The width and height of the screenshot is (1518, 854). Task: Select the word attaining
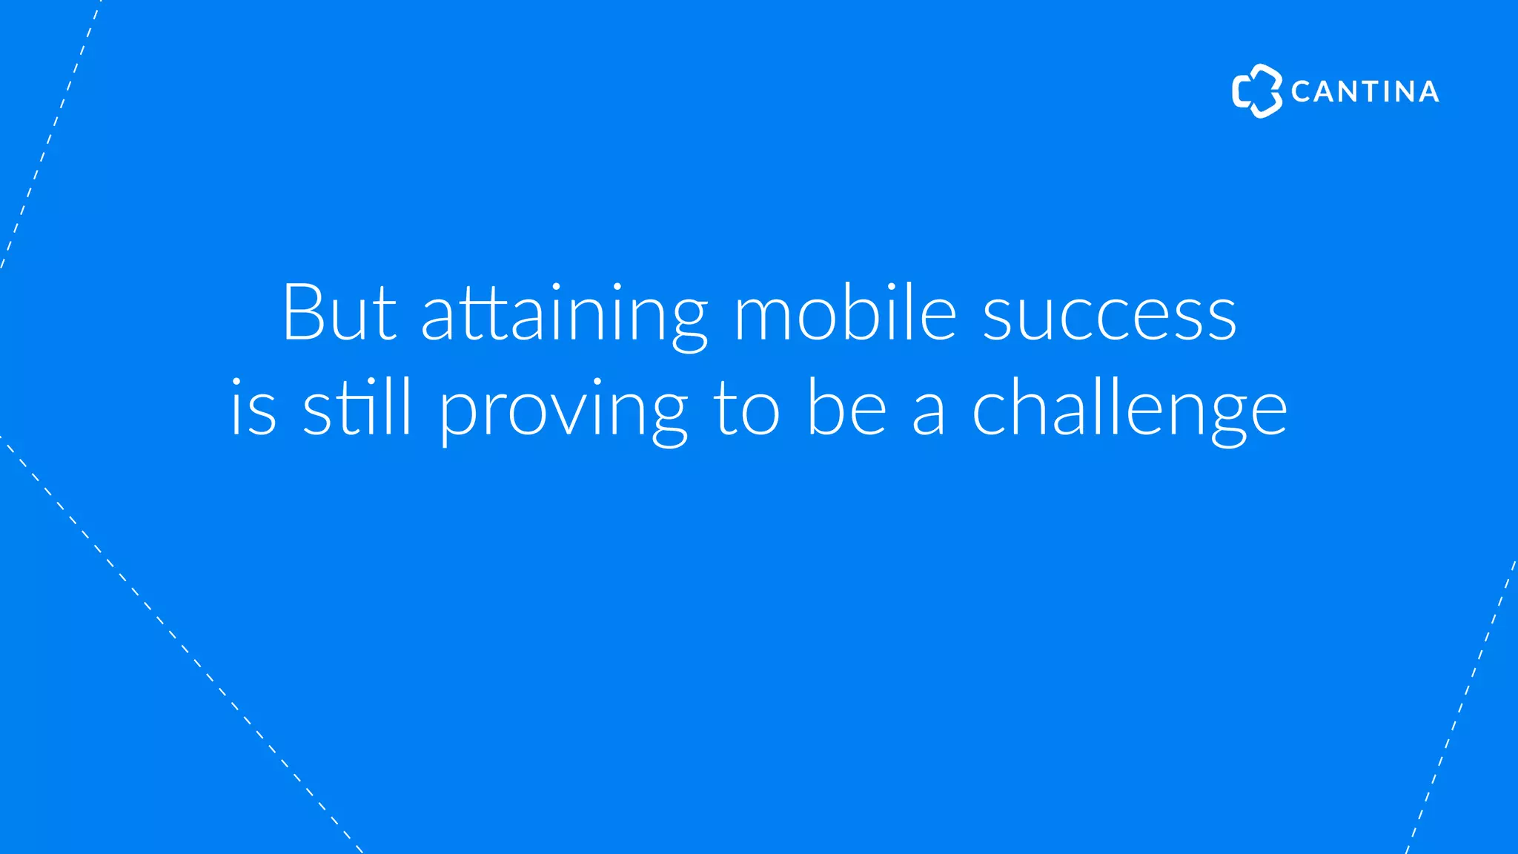(x=564, y=315)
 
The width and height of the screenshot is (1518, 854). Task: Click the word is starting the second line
(x=253, y=409)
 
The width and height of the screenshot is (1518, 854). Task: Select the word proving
(x=563, y=411)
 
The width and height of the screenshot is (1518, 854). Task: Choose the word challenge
(x=1129, y=410)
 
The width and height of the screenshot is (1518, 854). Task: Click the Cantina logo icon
(x=1256, y=91)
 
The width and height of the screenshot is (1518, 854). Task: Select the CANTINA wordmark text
(x=1365, y=92)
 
